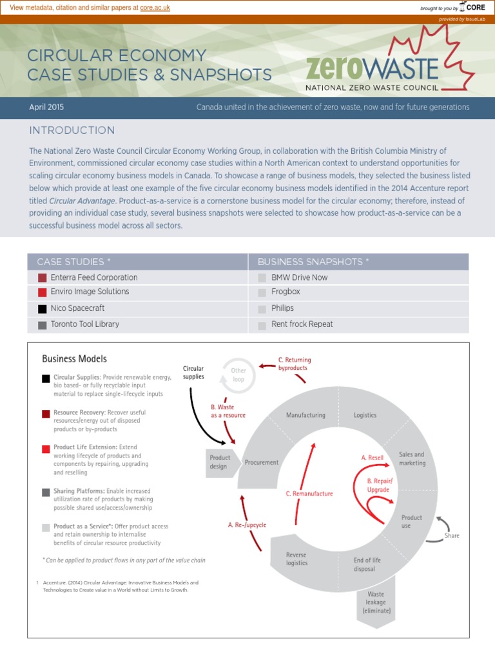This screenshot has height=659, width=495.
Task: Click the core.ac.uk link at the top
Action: pyautogui.click(x=157, y=7)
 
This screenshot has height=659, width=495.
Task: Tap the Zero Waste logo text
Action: pyautogui.click(x=372, y=67)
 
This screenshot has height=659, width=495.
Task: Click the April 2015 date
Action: pyautogui.click(x=47, y=107)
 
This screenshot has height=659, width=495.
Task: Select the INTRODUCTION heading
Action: pyautogui.click(x=72, y=131)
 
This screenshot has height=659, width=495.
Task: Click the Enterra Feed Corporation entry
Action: pyautogui.click(x=94, y=277)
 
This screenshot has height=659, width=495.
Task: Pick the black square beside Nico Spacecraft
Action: pyautogui.click(x=43, y=309)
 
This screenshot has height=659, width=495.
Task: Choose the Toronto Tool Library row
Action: pyautogui.click(x=84, y=324)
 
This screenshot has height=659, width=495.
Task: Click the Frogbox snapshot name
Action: pyautogui.click(x=286, y=292)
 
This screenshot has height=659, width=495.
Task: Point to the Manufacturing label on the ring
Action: pyautogui.click(x=306, y=415)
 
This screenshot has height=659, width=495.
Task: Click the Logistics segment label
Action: pyautogui.click(x=365, y=415)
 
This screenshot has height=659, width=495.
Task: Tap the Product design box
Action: pyautogui.click(x=219, y=462)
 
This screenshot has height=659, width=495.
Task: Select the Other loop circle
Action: pyautogui.click(x=238, y=375)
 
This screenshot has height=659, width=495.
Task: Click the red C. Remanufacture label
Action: pyautogui.click(x=309, y=494)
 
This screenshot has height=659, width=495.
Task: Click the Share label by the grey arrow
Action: pyautogui.click(x=452, y=535)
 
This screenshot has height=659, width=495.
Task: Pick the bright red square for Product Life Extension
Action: pyautogui.click(x=46, y=448)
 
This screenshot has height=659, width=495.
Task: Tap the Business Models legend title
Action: pyautogui.click(x=74, y=359)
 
